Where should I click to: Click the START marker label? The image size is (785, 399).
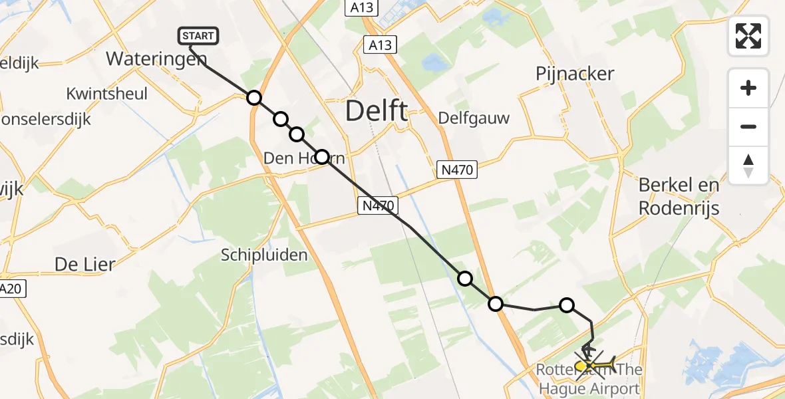click(x=198, y=36)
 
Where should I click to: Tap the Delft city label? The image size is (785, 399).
click(x=377, y=111)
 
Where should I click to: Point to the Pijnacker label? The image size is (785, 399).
click(x=574, y=74)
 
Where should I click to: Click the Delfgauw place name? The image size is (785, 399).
click(x=474, y=118)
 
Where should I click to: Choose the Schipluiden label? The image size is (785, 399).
click(x=264, y=255)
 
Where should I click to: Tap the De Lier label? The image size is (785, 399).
click(x=84, y=264)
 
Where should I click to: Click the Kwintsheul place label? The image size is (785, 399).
click(x=106, y=94)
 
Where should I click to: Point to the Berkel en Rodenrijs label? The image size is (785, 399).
click(x=679, y=196)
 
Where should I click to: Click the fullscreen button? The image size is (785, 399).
click(x=748, y=35)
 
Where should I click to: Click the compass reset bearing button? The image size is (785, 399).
click(x=748, y=166)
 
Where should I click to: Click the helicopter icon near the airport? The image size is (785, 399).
click(x=588, y=348)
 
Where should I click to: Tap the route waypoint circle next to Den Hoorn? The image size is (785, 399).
click(x=321, y=157)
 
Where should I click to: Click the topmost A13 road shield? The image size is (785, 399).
click(x=361, y=8)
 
